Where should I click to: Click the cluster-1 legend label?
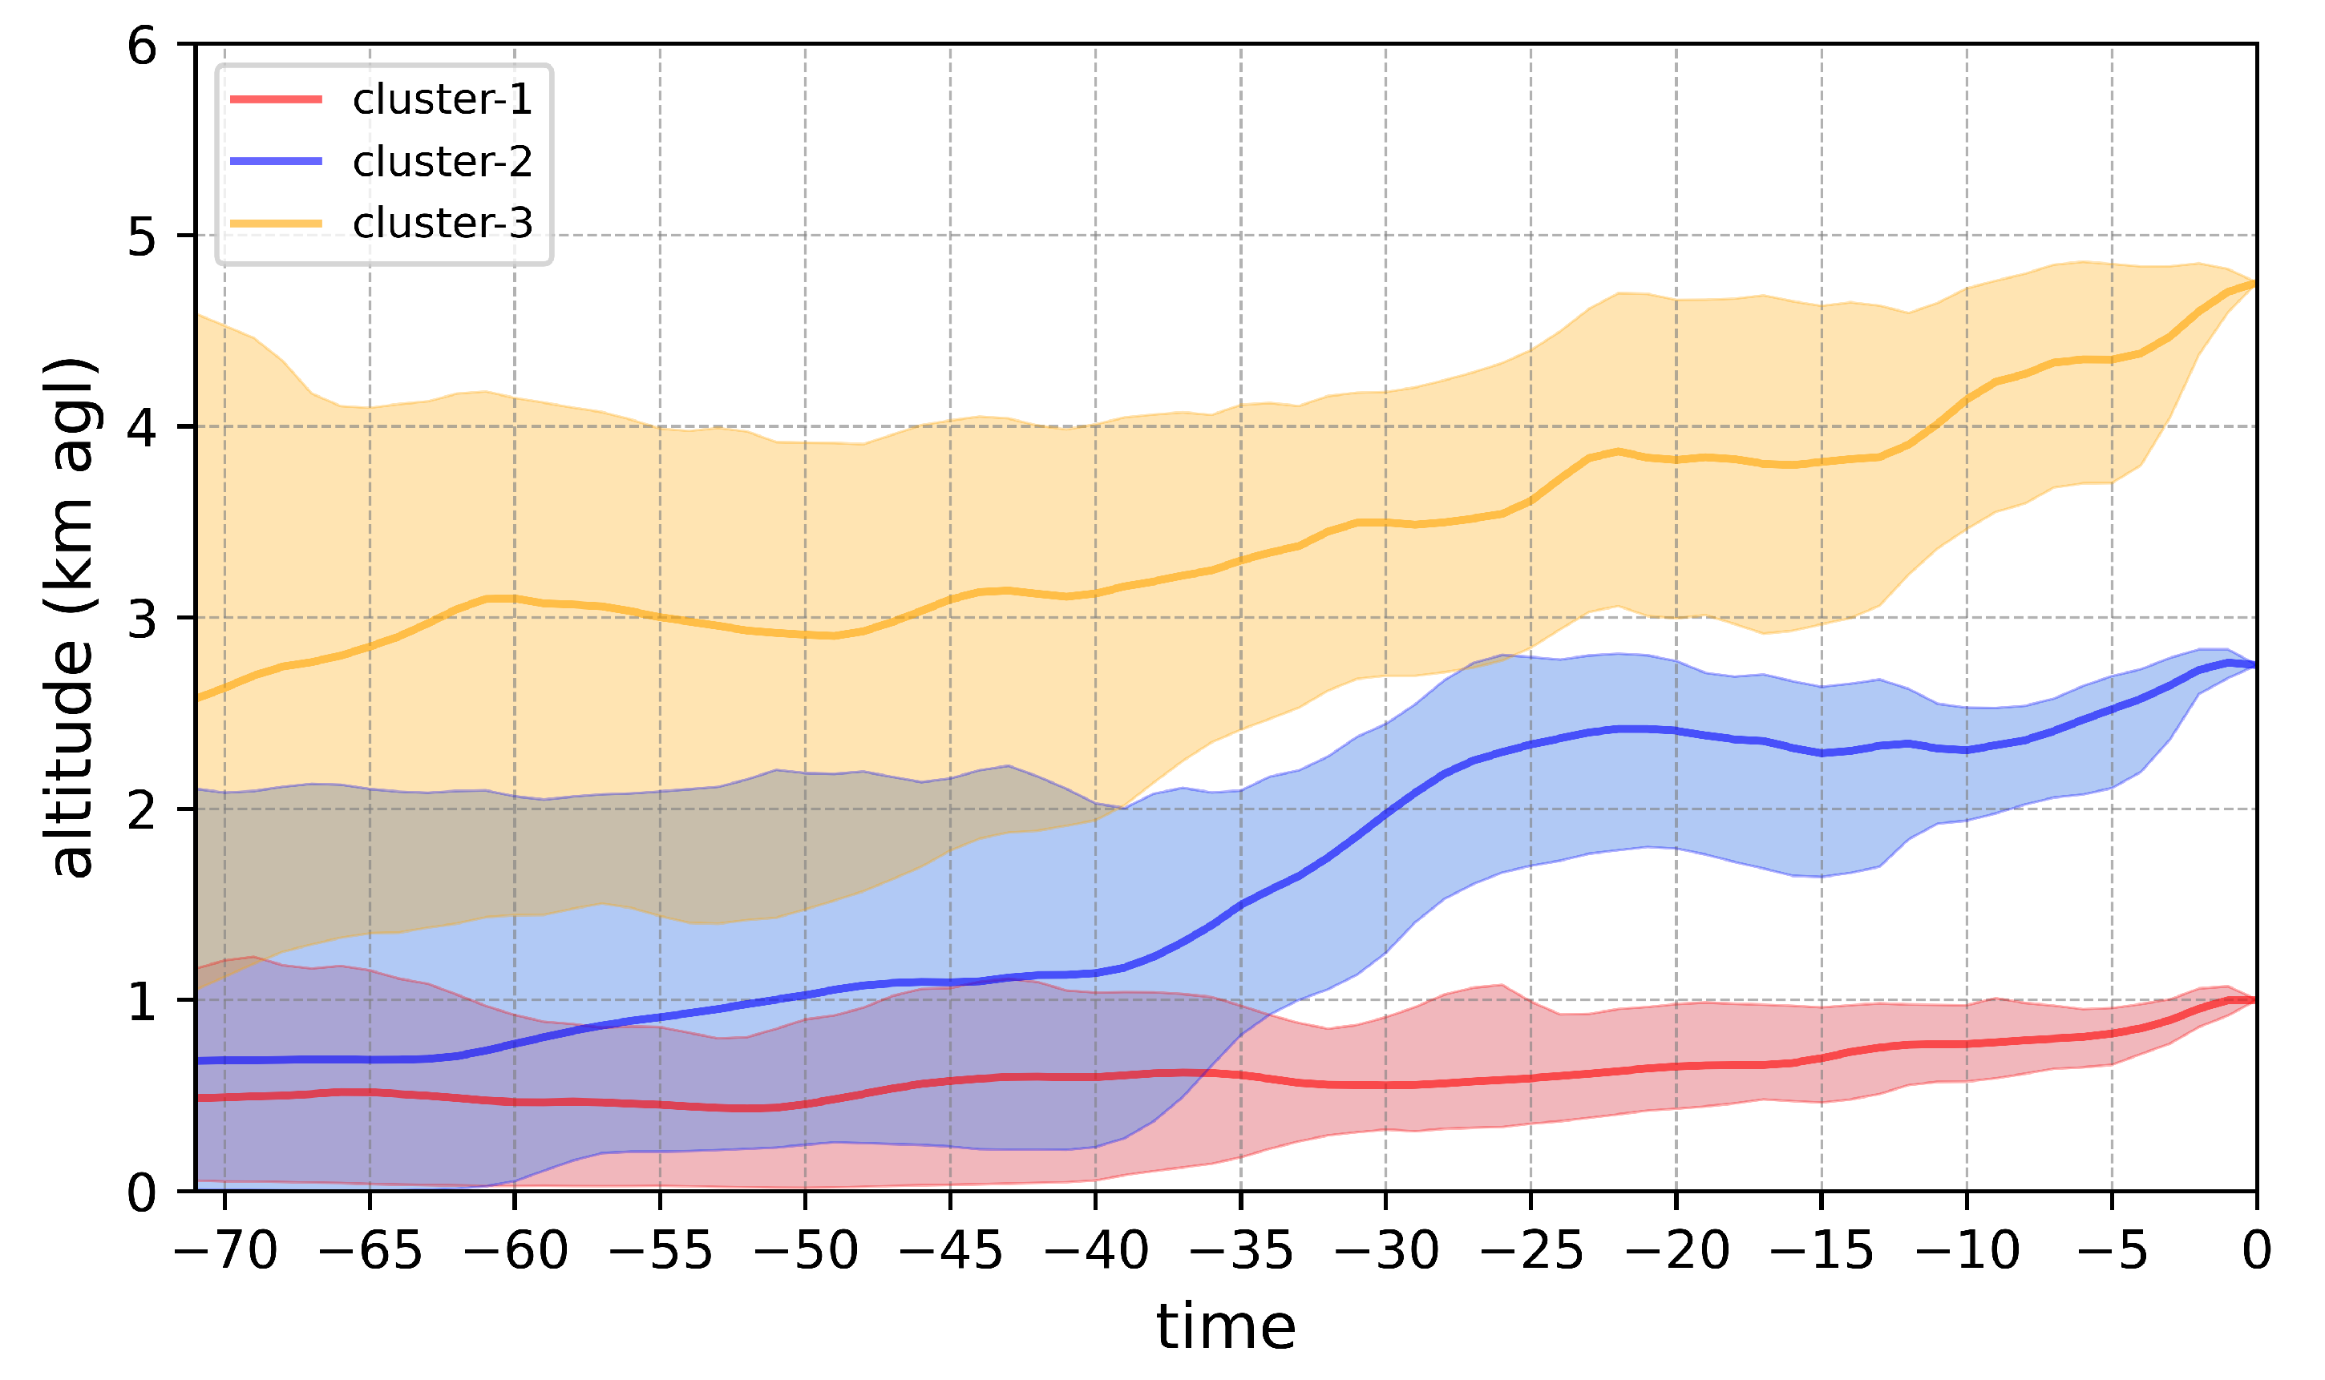coord(442,99)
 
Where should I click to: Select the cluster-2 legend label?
coord(442,162)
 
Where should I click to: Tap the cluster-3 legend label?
coord(442,223)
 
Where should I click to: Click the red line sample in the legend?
coord(277,99)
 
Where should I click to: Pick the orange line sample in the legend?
coord(277,223)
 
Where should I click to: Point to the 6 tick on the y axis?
coord(142,45)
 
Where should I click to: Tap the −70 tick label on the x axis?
coord(226,1251)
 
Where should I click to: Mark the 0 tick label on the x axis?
coord(2256,1251)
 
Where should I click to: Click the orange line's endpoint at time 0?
coord(2255,284)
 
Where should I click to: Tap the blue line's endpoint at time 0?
coord(2255,665)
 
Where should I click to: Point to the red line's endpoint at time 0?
coord(2255,1001)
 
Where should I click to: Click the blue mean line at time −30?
coord(1385,814)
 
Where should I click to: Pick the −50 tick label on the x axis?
coord(806,1251)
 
